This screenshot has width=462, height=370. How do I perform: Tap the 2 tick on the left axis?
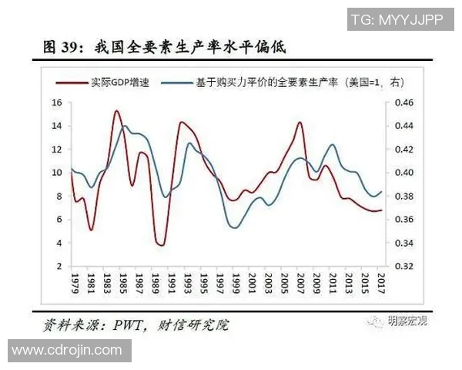(59, 267)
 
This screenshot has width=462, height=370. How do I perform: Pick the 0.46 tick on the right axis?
(403, 103)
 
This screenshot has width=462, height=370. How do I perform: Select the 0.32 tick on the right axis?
(403, 267)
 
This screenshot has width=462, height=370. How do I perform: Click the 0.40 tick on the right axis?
(403, 173)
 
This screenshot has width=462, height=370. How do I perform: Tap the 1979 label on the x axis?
(75, 283)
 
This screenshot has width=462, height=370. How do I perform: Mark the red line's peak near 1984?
(116, 111)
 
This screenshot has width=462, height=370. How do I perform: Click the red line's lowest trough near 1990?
(160, 245)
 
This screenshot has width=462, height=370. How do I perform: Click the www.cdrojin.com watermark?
(66, 351)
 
